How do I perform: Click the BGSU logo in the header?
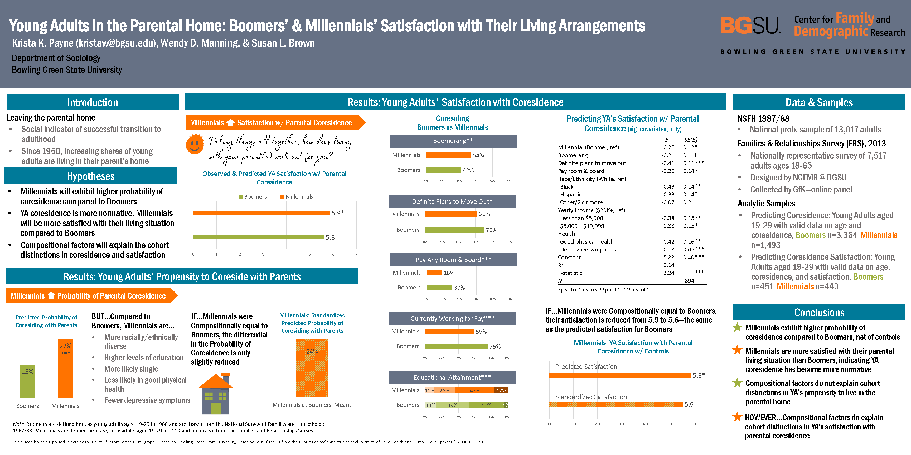pos(750,26)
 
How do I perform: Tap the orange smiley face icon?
pos(195,144)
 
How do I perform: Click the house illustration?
pos(216,394)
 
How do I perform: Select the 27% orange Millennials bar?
pos(65,368)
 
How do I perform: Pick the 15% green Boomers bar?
pos(28,381)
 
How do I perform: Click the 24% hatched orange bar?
pos(312,368)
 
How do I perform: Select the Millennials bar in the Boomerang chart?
pos(448,155)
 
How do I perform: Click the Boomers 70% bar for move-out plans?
pos(454,230)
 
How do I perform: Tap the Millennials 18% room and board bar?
pos(434,273)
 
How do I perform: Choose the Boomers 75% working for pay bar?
pos(456,346)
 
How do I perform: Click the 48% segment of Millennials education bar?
pos(474,390)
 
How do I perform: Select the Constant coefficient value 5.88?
pos(668,257)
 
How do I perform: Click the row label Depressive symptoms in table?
pos(588,249)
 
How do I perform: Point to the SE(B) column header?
pos(690,140)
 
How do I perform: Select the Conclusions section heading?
pos(819,312)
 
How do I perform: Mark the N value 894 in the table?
pos(689,281)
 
